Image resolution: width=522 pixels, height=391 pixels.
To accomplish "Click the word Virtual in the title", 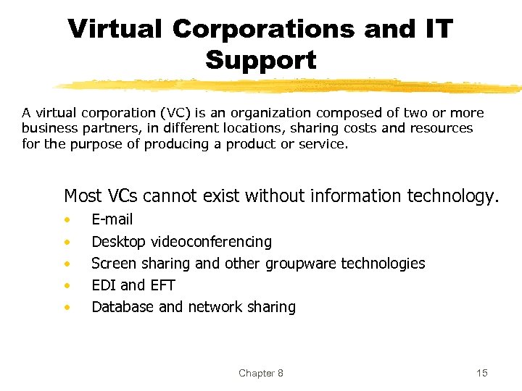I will tap(115, 29).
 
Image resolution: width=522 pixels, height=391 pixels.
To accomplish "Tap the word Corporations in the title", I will tap(265, 29).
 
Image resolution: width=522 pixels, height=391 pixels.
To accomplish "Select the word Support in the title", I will tap(261, 60).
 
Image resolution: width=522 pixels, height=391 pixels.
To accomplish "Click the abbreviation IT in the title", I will tap(436, 29).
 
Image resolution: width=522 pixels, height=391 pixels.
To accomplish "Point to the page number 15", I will tap(482, 373).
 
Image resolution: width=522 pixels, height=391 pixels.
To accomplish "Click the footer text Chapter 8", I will tap(261, 373).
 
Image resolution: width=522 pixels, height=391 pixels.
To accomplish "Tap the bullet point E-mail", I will tap(112, 219).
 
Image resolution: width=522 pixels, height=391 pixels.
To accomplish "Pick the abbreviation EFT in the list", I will tap(162, 285).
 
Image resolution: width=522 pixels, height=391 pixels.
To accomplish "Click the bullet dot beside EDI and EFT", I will tap(67, 286).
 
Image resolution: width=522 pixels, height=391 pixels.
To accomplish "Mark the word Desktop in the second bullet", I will tap(118, 242).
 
